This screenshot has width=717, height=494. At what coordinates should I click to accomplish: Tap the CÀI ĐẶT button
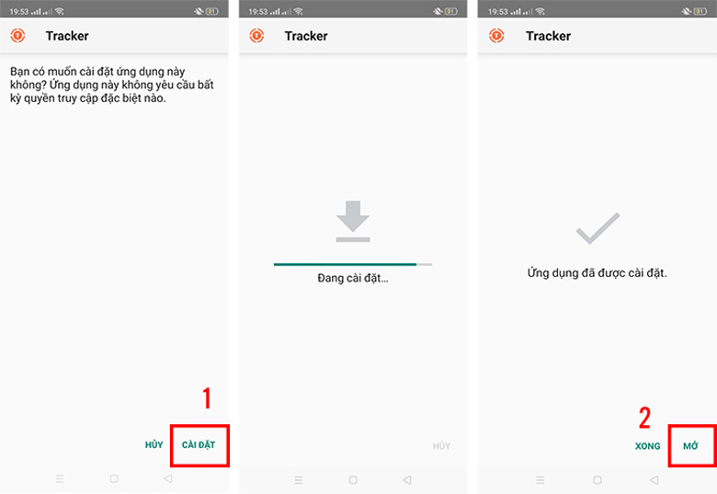(x=199, y=445)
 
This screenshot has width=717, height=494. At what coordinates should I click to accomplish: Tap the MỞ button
(x=690, y=445)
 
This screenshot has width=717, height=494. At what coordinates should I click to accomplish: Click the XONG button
(x=647, y=445)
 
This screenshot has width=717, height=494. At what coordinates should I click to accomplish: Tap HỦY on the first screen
(x=154, y=445)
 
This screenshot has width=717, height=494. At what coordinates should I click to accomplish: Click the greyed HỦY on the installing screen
(x=442, y=446)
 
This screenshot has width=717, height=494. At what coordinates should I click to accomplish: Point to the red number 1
(x=207, y=398)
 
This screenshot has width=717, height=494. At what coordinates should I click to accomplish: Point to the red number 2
(x=644, y=418)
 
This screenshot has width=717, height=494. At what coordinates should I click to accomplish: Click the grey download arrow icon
(x=353, y=222)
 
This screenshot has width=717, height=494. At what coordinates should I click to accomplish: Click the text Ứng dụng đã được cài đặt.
(x=597, y=273)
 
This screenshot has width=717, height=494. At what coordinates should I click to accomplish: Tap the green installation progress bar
(x=345, y=264)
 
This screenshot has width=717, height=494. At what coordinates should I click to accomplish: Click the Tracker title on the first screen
(x=67, y=36)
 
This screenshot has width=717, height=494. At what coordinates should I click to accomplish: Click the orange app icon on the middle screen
(x=257, y=36)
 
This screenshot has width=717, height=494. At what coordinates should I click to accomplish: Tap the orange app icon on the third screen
(x=496, y=36)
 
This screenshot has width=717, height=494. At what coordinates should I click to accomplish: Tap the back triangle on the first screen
(x=167, y=479)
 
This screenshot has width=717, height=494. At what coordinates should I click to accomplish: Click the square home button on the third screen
(x=597, y=479)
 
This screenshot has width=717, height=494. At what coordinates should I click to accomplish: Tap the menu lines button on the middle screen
(x=298, y=479)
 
